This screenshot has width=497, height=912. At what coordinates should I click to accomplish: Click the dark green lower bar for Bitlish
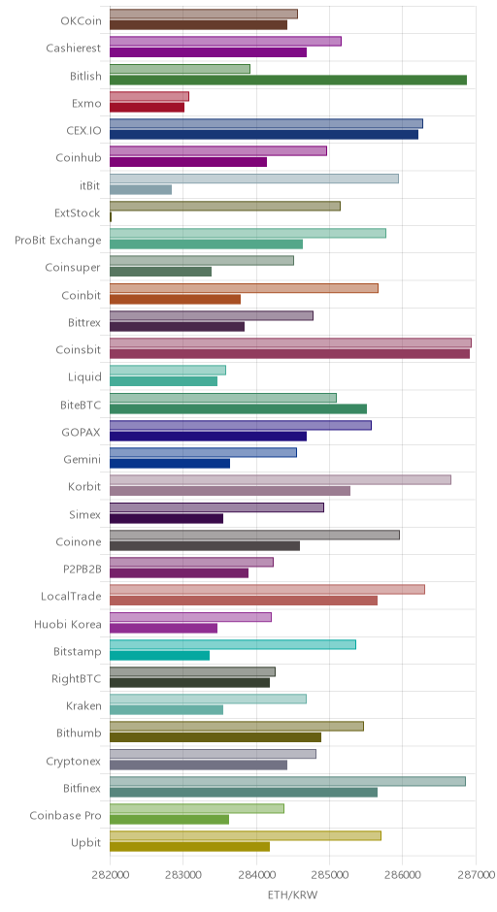point(288,81)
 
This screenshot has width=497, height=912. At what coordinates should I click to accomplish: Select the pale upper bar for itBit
point(254,179)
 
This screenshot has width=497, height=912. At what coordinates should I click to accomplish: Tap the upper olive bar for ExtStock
point(225,206)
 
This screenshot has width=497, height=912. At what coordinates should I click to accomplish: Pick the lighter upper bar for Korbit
point(281,480)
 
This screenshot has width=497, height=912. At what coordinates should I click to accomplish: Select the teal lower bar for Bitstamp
point(159,656)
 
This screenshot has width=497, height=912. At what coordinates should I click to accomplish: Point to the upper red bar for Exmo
point(149,97)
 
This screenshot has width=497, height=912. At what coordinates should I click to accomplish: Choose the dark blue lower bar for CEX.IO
point(264,135)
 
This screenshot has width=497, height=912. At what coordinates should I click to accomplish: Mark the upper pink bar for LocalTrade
point(267,589)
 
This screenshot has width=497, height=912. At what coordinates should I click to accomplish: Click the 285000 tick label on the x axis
point(329,875)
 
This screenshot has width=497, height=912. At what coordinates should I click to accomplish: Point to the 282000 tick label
point(110,875)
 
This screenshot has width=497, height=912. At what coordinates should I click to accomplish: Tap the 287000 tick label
point(476,875)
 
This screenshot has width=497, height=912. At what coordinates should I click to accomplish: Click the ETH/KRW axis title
point(293,895)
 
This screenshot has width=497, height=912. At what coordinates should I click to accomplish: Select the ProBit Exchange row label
point(58,241)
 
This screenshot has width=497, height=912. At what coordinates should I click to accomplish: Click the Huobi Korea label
point(68,624)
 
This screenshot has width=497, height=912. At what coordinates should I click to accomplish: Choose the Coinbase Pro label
point(65,815)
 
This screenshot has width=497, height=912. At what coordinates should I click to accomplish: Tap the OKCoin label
point(81,21)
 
